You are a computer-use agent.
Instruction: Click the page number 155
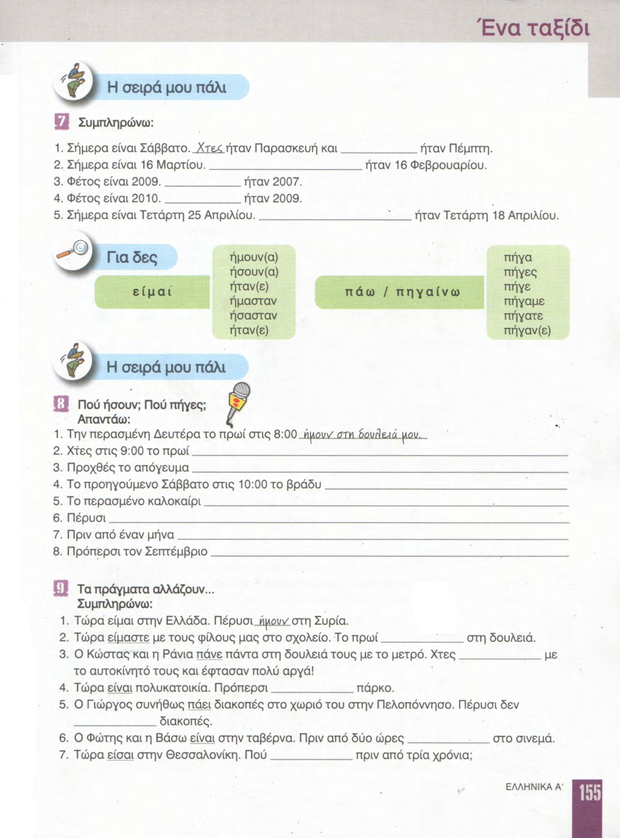[590, 792]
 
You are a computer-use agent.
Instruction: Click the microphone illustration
[238, 402]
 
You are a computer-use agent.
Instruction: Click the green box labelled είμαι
[152, 292]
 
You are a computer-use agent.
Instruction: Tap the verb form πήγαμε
[523, 301]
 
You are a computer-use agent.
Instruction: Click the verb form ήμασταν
[253, 301]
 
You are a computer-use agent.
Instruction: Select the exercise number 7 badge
[61, 122]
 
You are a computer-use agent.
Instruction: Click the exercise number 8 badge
[61, 404]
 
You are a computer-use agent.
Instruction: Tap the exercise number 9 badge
[61, 589]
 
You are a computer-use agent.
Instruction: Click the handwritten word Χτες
[208, 148]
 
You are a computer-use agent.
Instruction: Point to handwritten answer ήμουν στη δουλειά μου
[362, 434]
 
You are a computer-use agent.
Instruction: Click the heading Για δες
[132, 258]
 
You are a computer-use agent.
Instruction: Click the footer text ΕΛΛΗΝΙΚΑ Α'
[534, 787]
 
